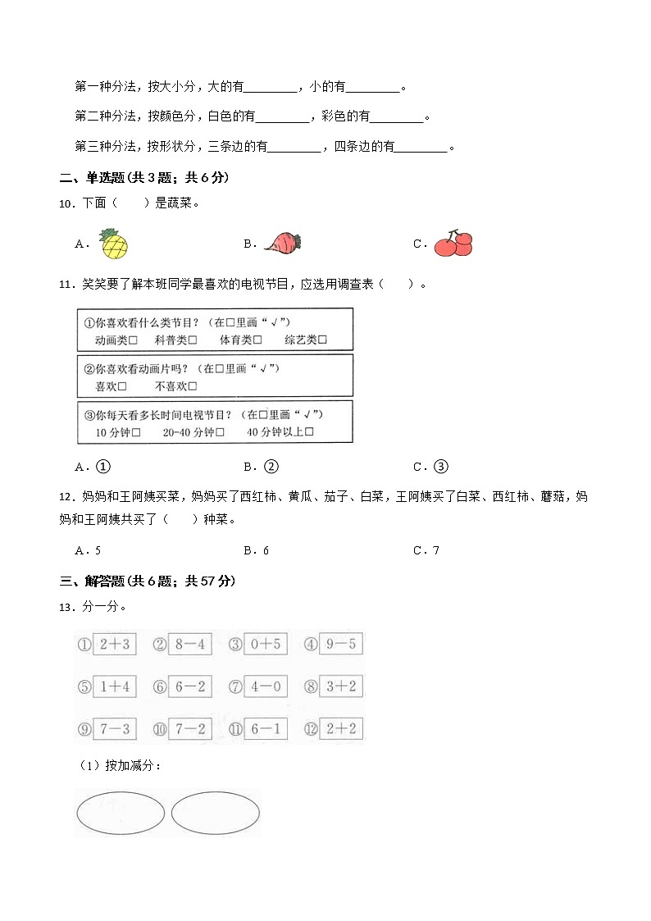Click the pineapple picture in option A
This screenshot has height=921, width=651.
point(114,244)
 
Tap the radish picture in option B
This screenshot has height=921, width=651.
point(282,243)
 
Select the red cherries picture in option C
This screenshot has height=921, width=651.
point(453,243)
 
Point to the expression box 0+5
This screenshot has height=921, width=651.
point(265,645)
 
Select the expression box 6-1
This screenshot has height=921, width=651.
point(265,729)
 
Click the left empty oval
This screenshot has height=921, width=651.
point(120,813)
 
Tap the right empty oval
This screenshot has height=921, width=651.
point(216,813)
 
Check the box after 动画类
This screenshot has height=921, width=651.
point(133,340)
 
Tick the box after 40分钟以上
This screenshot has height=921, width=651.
point(309,432)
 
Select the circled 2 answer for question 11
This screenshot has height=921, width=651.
point(271,467)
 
